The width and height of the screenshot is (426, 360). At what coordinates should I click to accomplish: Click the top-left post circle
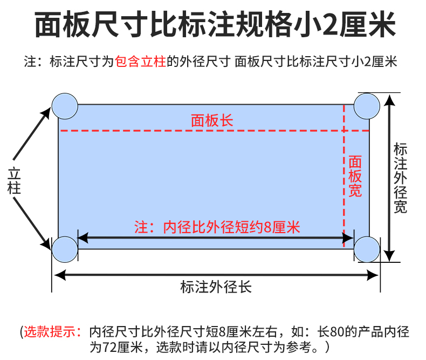coord(65,105)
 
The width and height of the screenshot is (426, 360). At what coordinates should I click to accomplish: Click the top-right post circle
coord(367,105)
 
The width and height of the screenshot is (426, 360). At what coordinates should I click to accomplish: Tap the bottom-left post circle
coord(65,249)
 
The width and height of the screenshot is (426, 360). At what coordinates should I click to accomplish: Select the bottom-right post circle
coord(367,249)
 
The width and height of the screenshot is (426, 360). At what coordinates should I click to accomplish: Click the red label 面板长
coord(212,120)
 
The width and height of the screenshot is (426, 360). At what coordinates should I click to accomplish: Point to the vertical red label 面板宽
coord(355,176)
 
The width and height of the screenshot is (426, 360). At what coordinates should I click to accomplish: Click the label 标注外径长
coord(216,286)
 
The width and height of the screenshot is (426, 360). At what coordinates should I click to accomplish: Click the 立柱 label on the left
coord(14,180)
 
